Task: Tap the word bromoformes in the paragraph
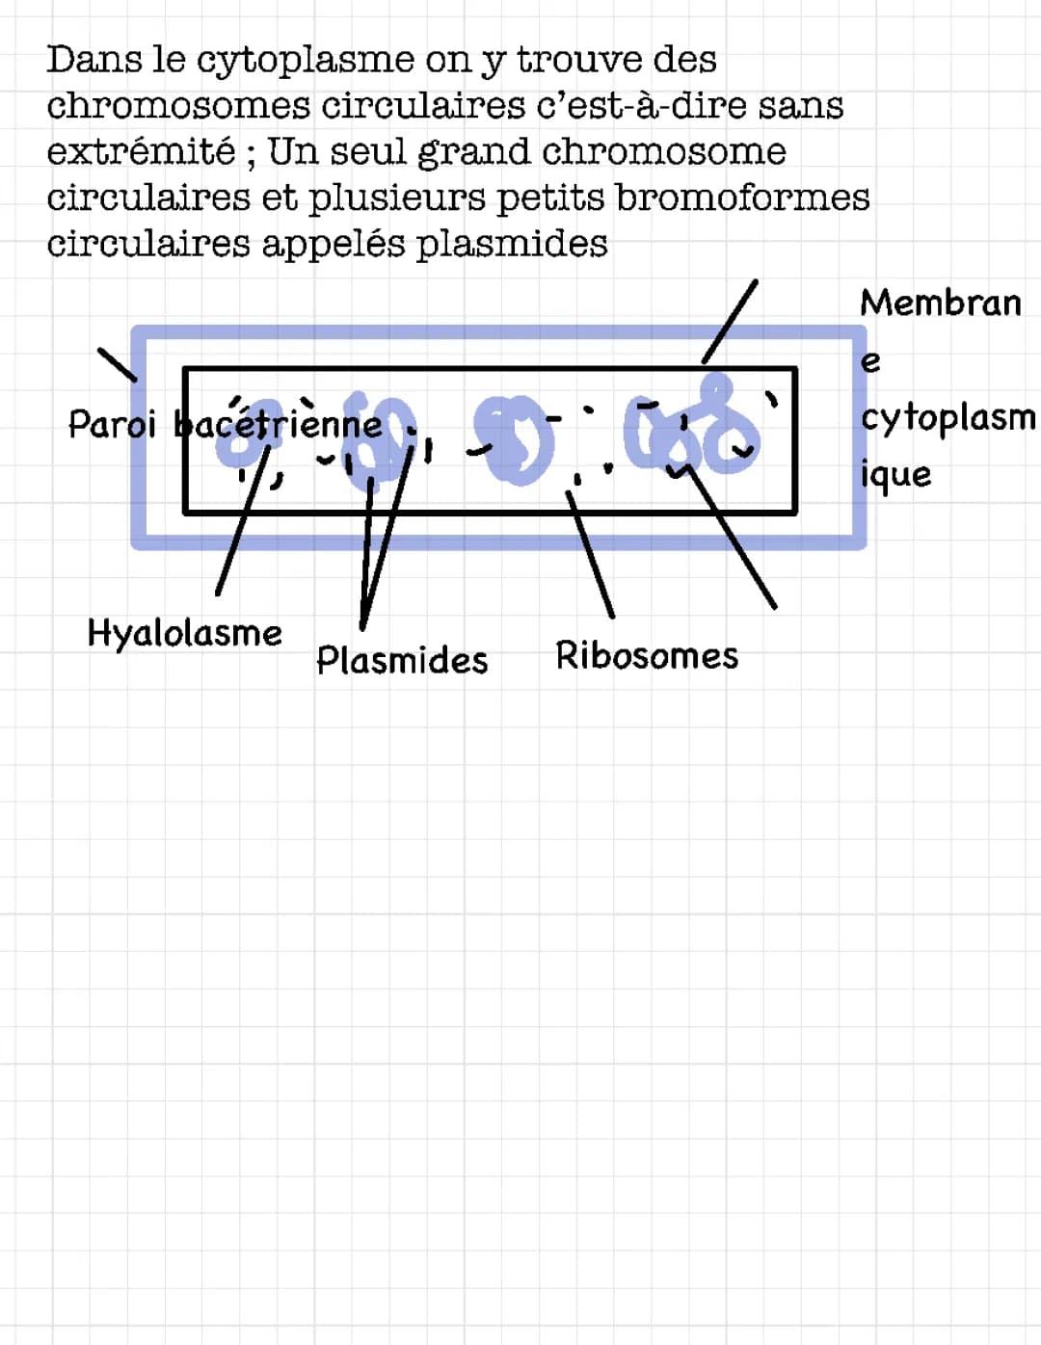coord(743,198)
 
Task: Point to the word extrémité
coord(141,151)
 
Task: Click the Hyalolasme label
coord(184,634)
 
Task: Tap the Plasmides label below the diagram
coord(402,660)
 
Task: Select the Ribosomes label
coord(647,655)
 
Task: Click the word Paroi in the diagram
coord(112,425)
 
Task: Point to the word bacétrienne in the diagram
coord(278,425)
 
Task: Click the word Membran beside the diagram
coord(941,303)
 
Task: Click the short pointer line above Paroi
coord(118,365)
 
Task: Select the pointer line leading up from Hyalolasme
coord(243,520)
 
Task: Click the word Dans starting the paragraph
coord(93,60)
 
